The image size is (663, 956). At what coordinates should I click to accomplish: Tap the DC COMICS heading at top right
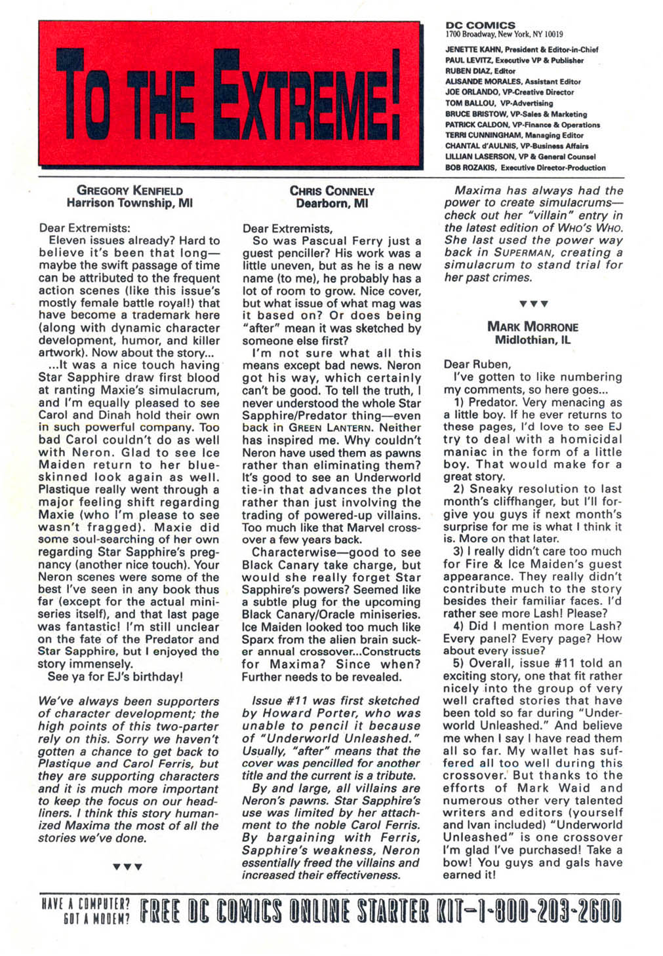pos(480,25)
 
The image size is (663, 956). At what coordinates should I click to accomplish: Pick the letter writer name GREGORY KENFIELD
pos(130,191)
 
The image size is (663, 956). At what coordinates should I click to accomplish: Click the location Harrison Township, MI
pos(130,203)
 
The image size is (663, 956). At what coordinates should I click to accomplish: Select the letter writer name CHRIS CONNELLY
pos(332,191)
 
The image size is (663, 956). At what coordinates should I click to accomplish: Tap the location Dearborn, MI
pos(332,203)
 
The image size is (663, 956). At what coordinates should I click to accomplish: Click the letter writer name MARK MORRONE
pos(532,326)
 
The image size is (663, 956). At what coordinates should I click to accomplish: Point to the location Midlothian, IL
pos(532,339)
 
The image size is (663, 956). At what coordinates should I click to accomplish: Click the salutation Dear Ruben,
pos(477,364)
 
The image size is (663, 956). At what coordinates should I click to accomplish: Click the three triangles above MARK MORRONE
pos(532,303)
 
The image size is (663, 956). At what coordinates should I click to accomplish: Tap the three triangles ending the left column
pos(127,866)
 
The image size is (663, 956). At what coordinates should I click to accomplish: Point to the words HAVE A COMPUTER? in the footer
pos(85,904)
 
